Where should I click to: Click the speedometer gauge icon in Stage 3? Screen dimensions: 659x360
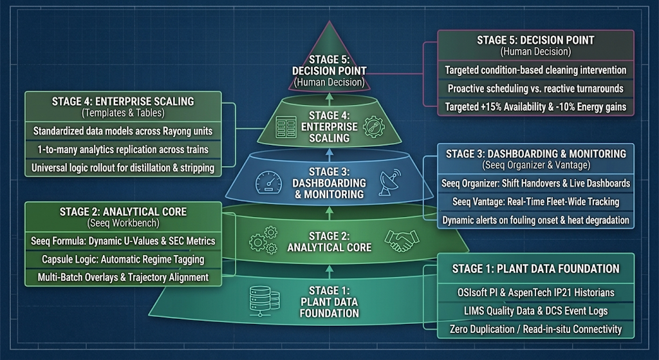(268, 182)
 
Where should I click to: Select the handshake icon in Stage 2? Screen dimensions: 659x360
(402, 241)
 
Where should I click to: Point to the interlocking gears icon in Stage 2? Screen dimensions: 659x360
(263, 240)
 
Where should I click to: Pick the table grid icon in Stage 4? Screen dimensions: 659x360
(286, 128)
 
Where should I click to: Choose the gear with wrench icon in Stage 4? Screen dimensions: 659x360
(374, 127)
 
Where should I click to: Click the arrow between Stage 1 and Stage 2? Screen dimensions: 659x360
(329, 271)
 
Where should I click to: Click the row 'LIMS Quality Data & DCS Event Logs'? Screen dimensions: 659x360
(535, 311)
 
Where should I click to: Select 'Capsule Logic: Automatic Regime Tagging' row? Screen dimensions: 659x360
(123, 259)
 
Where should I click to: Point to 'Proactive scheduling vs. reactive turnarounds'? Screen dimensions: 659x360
(535, 88)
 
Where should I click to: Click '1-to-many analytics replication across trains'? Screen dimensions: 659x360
(123, 149)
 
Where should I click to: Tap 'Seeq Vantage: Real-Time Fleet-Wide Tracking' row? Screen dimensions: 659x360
(535, 202)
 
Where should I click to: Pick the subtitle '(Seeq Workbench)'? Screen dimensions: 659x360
(123, 223)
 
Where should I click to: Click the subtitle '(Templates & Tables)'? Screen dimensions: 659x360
(123, 113)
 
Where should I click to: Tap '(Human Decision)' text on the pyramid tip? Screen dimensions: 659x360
(329, 82)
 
